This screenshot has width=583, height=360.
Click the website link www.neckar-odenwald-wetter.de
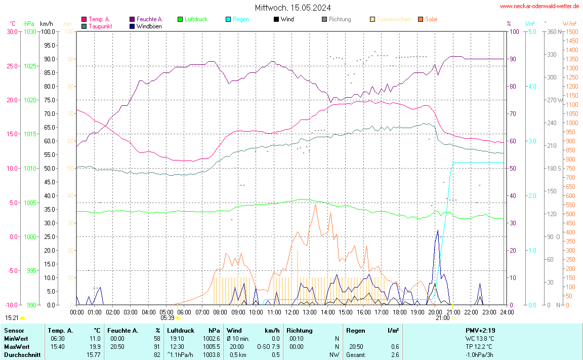tap(539, 6)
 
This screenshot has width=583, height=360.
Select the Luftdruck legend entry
tap(196, 19)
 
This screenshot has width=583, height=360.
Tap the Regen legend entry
tap(241, 19)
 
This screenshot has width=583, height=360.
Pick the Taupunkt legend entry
tap(100, 26)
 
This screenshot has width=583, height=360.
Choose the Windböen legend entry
tap(149, 26)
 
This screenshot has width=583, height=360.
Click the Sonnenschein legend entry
tap(394, 19)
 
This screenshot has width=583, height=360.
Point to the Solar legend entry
tap(431, 19)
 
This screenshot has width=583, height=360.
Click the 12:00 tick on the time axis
tap(292, 312)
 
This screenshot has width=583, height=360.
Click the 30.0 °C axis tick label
tap(12, 31)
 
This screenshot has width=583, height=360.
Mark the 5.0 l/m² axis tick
tap(532, 31)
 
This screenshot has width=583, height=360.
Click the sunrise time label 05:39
tap(168, 318)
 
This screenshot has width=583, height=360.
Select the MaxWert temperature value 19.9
tap(95, 347)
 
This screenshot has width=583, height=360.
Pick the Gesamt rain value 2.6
tap(394, 355)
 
